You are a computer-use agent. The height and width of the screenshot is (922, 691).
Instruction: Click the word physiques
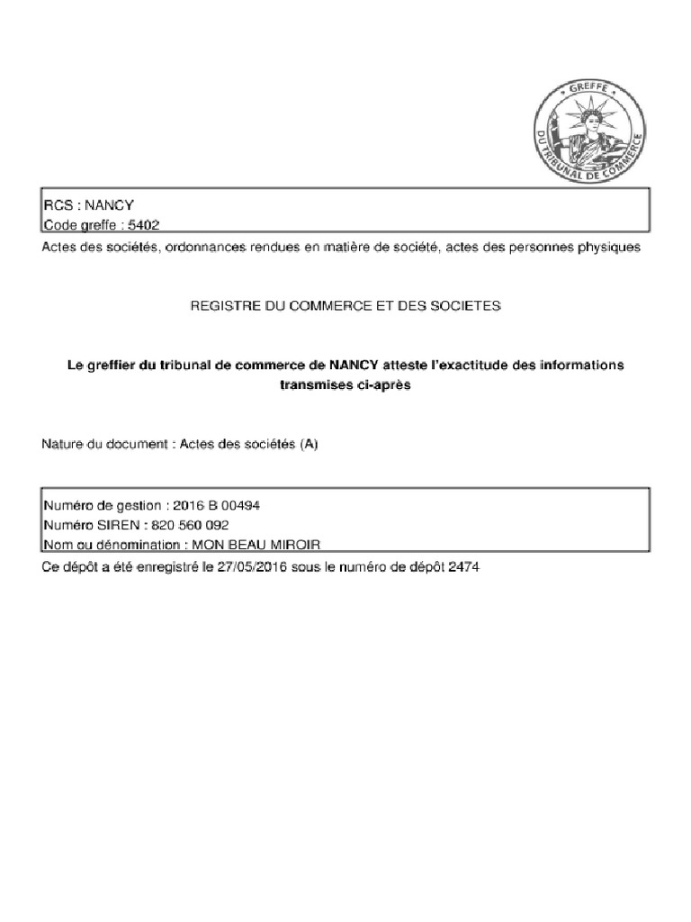[608, 247]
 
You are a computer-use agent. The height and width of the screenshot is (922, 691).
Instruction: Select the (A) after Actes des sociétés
[309, 444]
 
